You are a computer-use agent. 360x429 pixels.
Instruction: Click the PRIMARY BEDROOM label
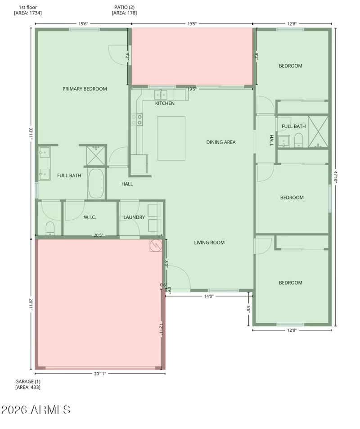(x=85, y=89)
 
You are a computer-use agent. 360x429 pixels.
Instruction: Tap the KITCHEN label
(x=165, y=104)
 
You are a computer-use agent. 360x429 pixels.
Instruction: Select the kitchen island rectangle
(x=171, y=138)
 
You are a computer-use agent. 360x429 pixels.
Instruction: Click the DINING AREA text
(x=221, y=142)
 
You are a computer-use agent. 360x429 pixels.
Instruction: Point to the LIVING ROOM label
(x=209, y=243)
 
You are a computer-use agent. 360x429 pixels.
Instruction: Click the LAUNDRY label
(x=134, y=217)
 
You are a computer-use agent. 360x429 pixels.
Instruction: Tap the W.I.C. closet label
(x=90, y=217)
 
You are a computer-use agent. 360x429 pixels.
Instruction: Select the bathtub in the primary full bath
(x=96, y=184)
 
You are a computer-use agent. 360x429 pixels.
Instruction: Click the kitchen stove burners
(x=137, y=120)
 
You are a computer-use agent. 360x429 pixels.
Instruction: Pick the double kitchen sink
(x=161, y=95)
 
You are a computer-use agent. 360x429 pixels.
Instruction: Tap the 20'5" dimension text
(x=99, y=235)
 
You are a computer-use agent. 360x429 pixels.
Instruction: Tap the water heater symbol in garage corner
(x=155, y=245)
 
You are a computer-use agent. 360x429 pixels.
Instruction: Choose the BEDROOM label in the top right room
(x=290, y=66)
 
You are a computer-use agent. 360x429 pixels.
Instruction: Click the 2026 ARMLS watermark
(x=36, y=410)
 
